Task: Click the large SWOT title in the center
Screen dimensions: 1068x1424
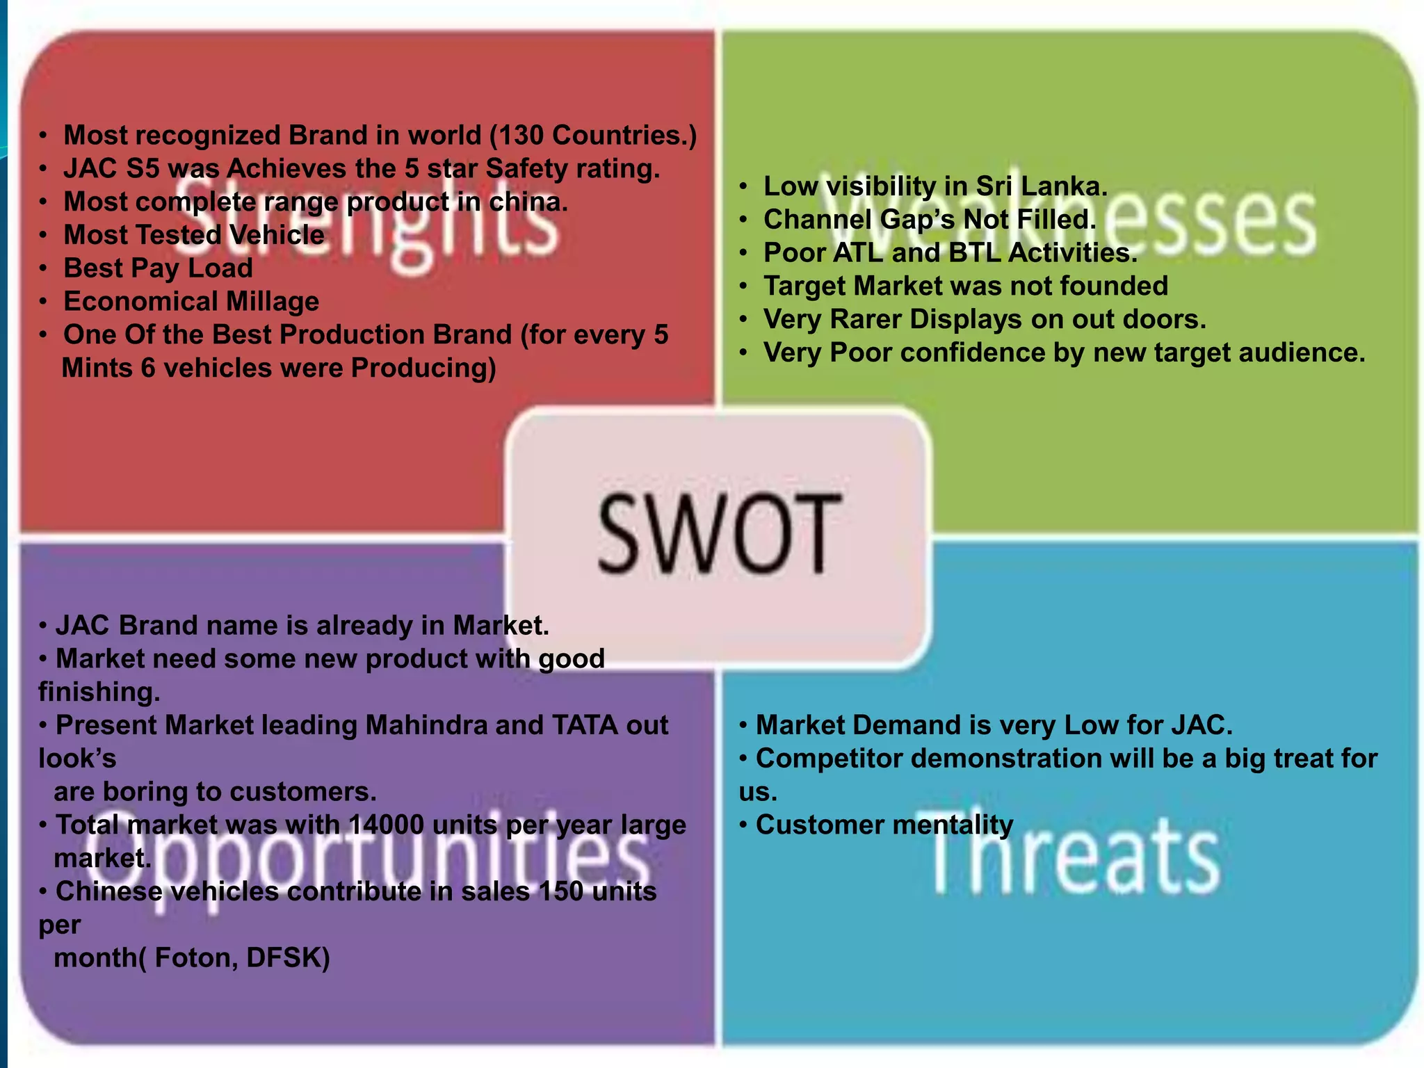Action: [720, 533]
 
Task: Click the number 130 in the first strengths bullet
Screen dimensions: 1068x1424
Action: [520, 136]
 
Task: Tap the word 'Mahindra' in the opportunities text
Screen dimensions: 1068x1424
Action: [426, 725]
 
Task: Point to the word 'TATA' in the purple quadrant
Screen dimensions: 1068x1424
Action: [585, 725]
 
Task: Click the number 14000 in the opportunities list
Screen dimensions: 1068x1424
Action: [386, 825]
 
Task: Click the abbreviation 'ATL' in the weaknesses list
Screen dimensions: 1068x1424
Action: [859, 253]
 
